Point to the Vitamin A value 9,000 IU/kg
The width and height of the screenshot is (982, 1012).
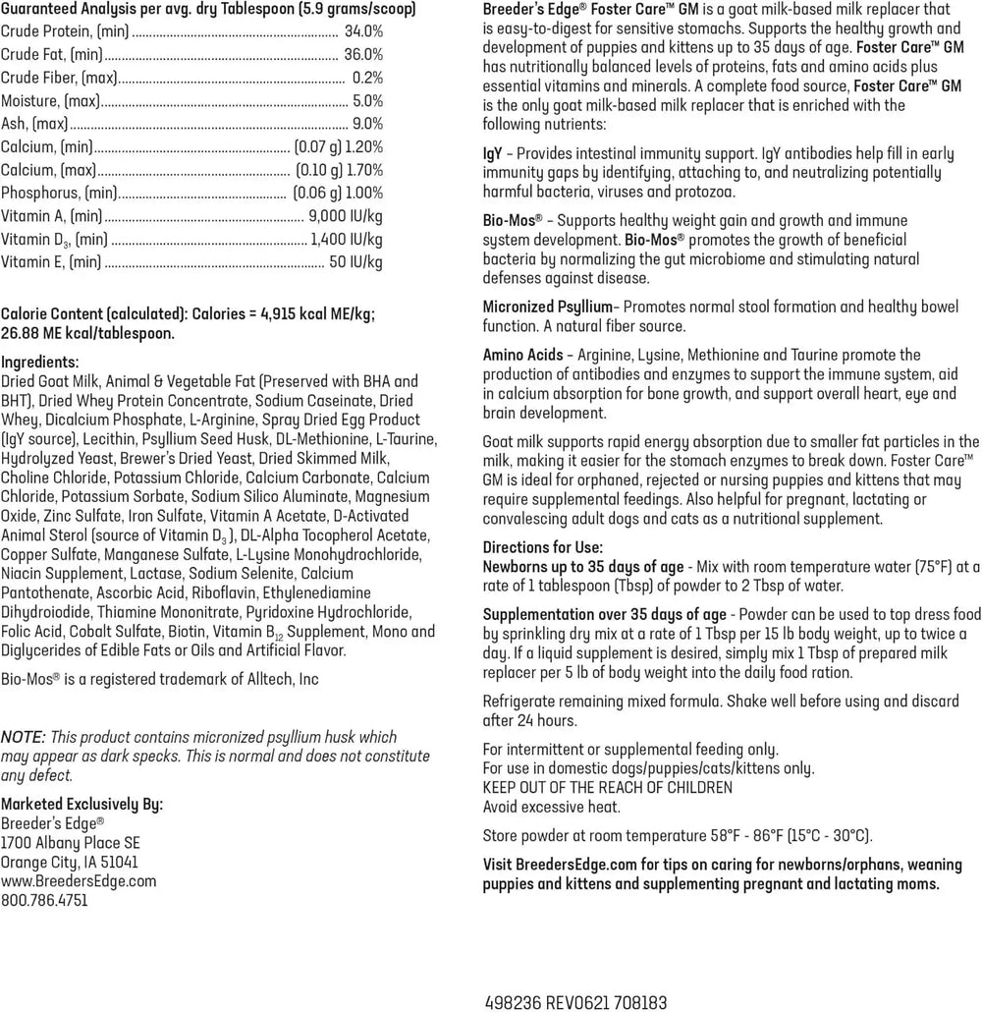(x=346, y=215)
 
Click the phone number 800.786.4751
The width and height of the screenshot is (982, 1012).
(x=44, y=899)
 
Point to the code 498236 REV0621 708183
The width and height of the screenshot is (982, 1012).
(x=576, y=1003)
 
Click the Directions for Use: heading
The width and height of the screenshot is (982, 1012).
(x=542, y=546)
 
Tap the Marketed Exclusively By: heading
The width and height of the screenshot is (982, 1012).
(x=82, y=803)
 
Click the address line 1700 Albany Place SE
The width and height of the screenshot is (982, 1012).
(x=71, y=842)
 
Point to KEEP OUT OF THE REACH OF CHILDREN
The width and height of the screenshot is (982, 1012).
(x=607, y=787)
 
